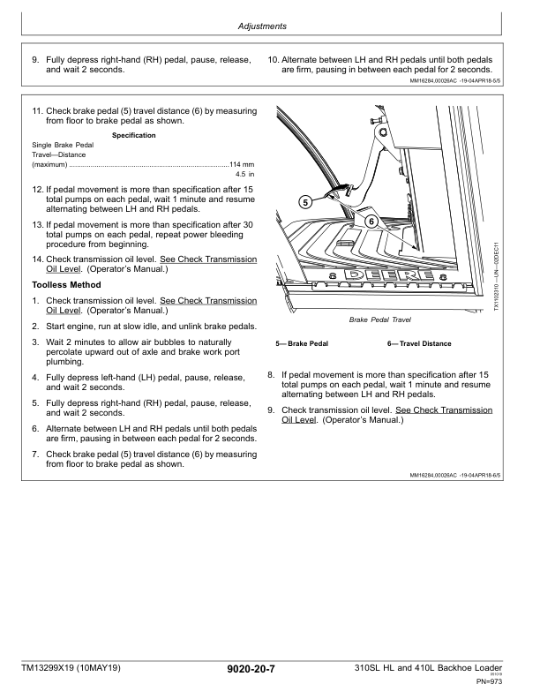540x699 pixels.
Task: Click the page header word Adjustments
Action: pos(262,26)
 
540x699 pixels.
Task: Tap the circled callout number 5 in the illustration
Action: pos(304,202)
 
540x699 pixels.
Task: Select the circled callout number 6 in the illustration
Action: pos(371,220)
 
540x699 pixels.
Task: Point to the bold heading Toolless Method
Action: pos(66,285)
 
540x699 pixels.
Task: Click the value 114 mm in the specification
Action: pos(242,165)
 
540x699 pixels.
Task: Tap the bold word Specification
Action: pos(134,135)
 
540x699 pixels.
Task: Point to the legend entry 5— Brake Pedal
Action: pos(302,344)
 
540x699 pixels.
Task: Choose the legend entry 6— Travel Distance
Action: pos(418,344)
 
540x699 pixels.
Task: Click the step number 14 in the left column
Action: pos(37,259)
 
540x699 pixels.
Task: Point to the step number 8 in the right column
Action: pos(271,374)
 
